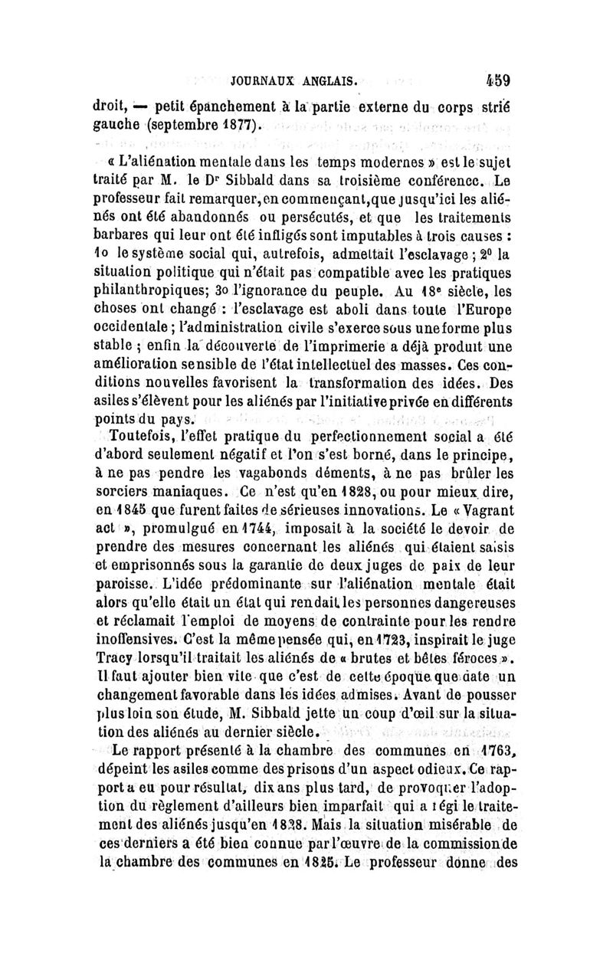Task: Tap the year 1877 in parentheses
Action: [x=242, y=124]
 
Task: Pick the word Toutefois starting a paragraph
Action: [x=143, y=436]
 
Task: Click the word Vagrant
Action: [x=477, y=521]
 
